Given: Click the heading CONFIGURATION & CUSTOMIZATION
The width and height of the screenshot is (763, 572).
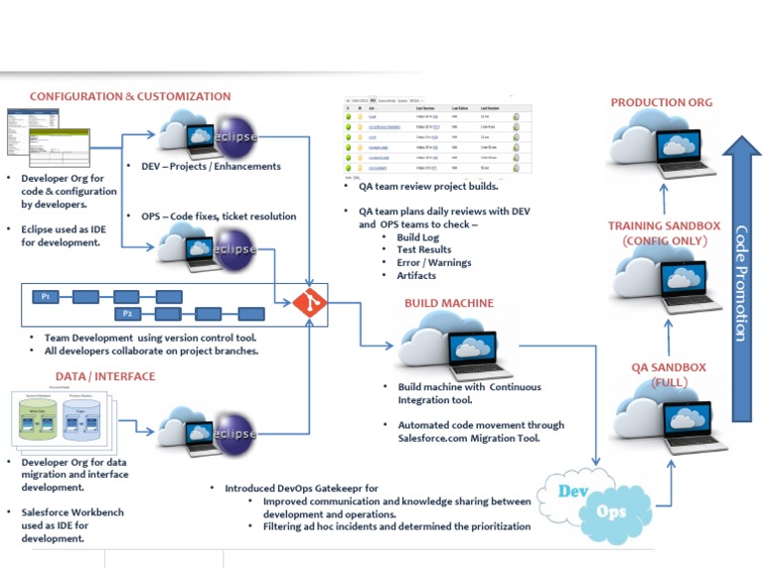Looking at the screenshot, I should click(x=130, y=96).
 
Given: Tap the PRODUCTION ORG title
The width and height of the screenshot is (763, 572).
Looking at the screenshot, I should click(x=661, y=102).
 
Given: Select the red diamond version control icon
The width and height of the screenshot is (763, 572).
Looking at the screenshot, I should click(x=309, y=302).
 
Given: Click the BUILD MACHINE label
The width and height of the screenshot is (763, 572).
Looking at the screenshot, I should click(x=448, y=302).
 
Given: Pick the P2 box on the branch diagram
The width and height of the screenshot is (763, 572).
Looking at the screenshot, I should click(x=127, y=313).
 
